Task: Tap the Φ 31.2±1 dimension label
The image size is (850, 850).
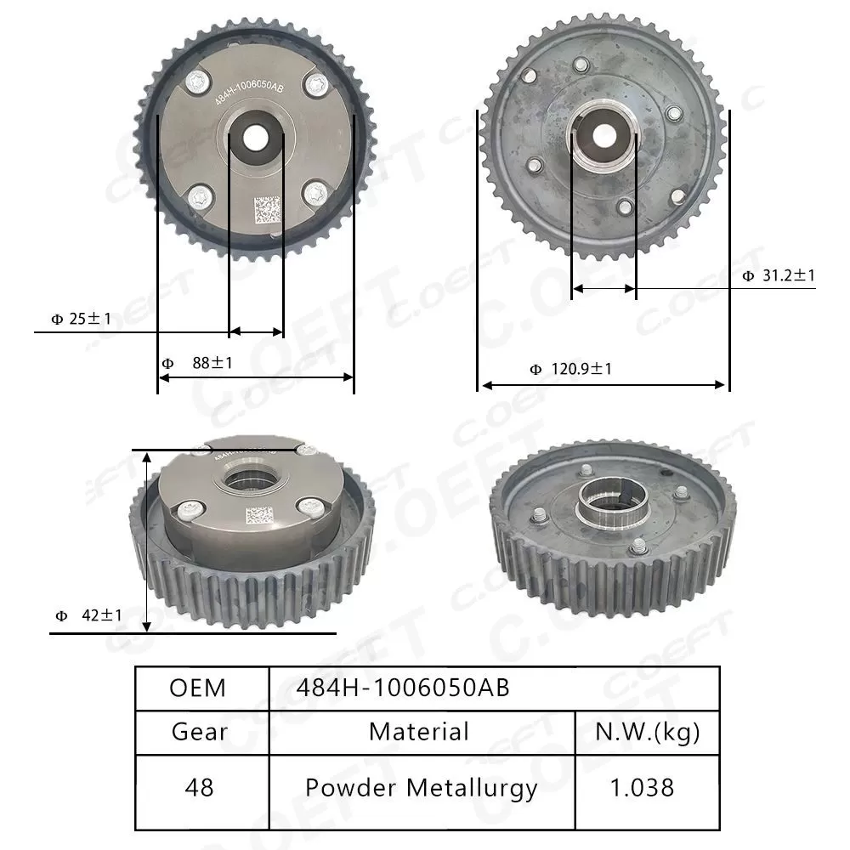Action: click(779, 275)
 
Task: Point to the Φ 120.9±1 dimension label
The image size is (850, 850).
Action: click(570, 369)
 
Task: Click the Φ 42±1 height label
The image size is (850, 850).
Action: click(88, 615)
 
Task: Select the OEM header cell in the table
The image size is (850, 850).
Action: click(198, 688)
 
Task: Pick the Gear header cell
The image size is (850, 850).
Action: click(199, 731)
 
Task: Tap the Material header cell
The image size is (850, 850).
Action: click(419, 731)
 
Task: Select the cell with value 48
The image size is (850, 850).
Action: click(199, 787)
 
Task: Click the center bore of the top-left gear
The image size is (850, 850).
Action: click(255, 137)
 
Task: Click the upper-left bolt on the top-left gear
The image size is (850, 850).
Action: click(198, 81)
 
